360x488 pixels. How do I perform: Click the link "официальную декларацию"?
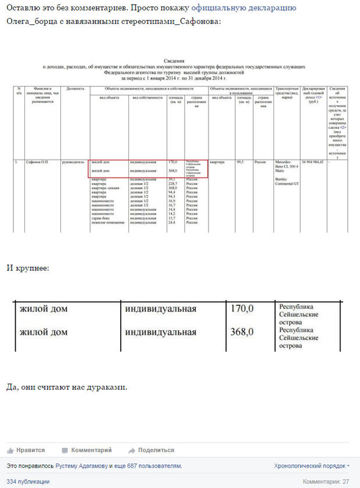243,8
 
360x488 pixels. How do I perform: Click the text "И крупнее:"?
28,268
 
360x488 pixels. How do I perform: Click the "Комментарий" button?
87,450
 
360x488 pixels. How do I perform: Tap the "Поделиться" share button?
152,450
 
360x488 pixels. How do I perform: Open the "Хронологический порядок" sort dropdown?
312,465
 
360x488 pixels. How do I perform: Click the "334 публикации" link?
28,482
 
